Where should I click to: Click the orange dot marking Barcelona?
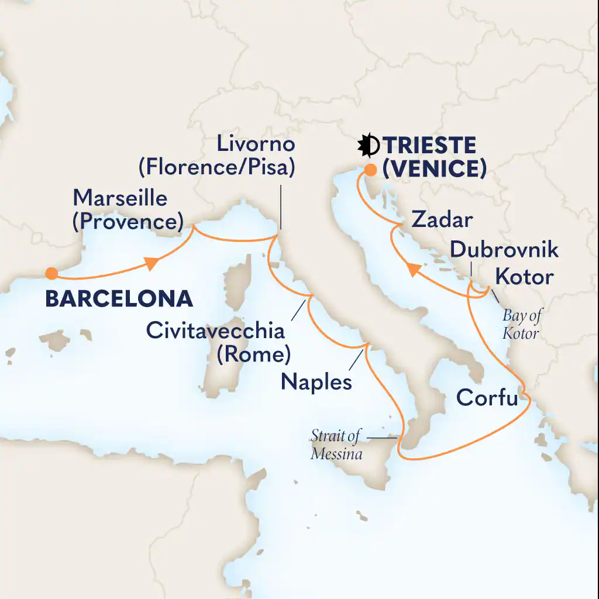(x=51, y=273)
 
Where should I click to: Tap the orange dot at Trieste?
(x=370, y=170)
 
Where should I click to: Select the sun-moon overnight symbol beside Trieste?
(x=370, y=146)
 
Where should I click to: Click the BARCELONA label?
(x=119, y=298)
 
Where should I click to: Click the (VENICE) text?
(x=434, y=169)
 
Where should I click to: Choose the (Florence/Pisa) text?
(x=216, y=167)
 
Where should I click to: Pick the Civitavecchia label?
(x=215, y=331)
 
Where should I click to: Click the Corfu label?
(x=487, y=398)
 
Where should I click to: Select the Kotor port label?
(x=524, y=276)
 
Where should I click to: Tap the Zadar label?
(x=441, y=220)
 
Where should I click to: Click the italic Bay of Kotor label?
(x=522, y=324)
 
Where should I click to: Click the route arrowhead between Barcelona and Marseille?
(x=152, y=265)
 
